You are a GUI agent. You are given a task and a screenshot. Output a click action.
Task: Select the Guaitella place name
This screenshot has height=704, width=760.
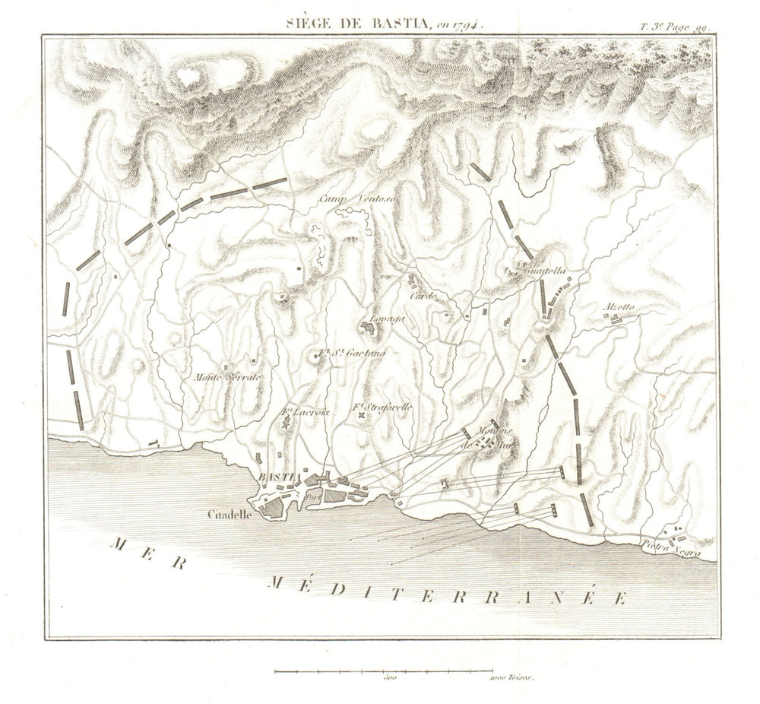click(x=540, y=271)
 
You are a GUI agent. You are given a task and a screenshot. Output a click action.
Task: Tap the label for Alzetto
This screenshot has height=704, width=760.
click(x=618, y=307)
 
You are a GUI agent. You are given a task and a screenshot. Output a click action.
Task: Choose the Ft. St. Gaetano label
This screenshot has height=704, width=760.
click(x=351, y=353)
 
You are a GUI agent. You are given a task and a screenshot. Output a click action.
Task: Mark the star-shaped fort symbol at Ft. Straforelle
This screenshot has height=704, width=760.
click(x=362, y=416)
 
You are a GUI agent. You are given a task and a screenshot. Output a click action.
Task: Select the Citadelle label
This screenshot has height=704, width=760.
click(x=232, y=514)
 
